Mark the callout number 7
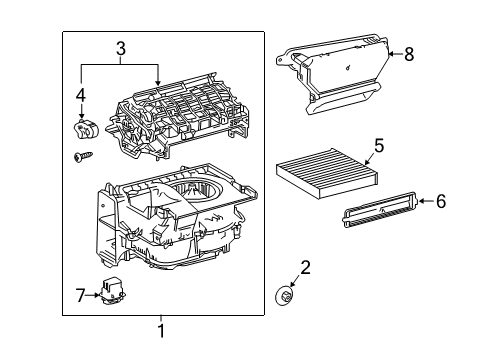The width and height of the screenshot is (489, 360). coord(83,294)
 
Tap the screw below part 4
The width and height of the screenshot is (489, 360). coord(81,156)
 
